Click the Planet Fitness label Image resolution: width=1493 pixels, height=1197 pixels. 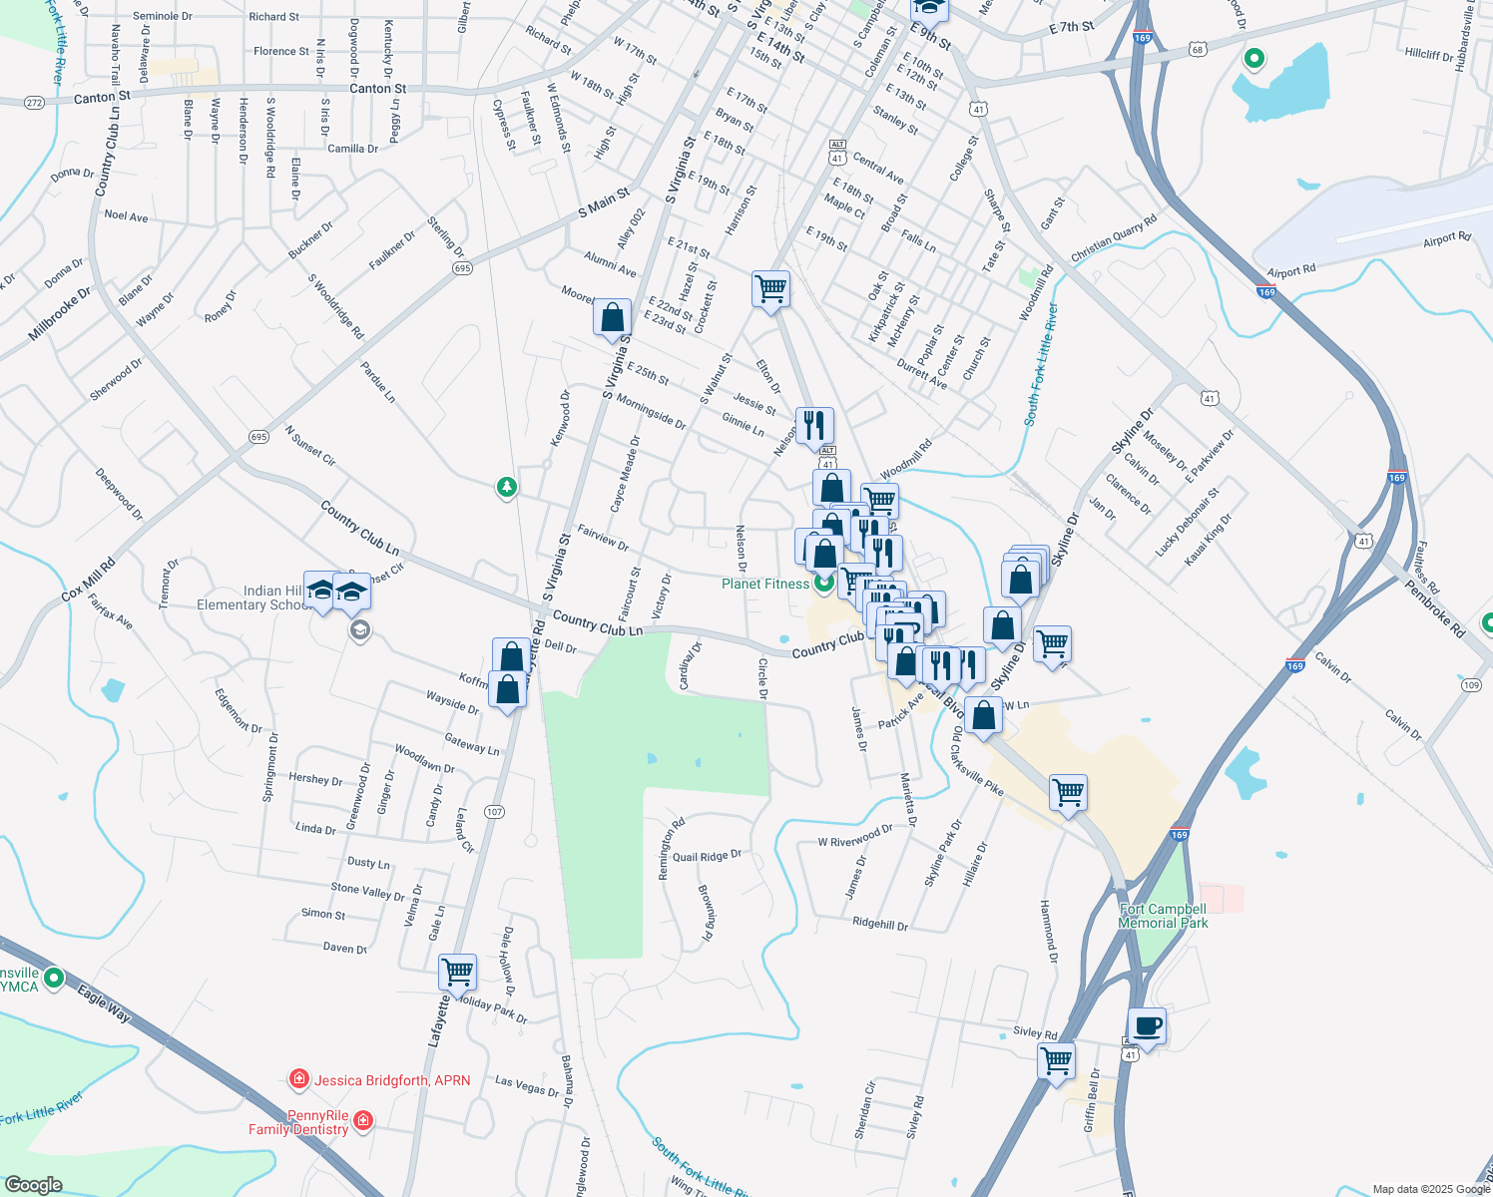tap(765, 584)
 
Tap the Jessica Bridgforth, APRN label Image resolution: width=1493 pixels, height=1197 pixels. tap(392, 1080)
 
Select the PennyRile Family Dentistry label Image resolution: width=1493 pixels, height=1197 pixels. tap(298, 1122)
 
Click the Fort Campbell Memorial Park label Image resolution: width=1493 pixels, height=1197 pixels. tap(1163, 916)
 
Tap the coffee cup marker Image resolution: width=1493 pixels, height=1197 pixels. tap(1148, 1026)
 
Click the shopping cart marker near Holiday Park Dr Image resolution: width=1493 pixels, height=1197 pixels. tap(458, 972)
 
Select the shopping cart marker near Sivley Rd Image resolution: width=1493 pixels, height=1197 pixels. tap(1056, 1060)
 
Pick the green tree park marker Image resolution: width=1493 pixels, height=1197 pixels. tap(508, 487)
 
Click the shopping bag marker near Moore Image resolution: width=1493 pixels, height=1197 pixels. tap(613, 318)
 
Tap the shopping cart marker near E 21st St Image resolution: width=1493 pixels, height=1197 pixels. tap(770, 289)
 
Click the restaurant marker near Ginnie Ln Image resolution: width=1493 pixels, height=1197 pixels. tap(815, 426)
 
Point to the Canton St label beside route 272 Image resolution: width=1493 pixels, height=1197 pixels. tap(102, 97)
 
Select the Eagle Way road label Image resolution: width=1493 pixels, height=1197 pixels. tap(104, 1003)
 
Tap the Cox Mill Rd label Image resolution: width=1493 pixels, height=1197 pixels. tap(89, 580)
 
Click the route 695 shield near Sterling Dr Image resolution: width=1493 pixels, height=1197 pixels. tap(461, 268)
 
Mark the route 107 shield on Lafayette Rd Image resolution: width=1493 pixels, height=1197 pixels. tap(494, 812)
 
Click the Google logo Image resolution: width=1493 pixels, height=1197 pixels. tap(34, 1184)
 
